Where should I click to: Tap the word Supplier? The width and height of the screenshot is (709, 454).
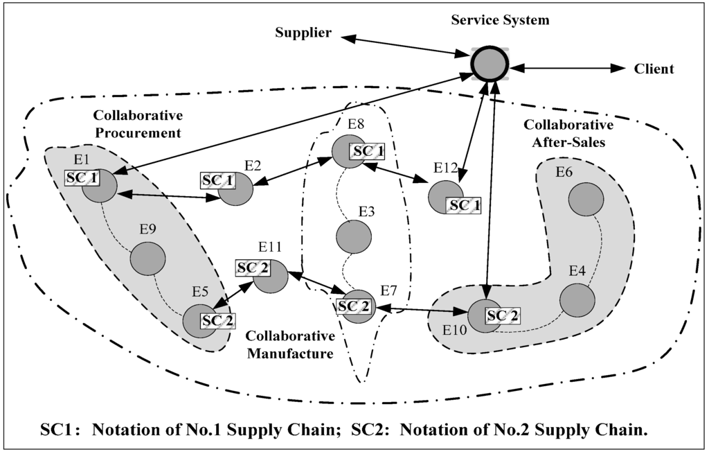point(303,33)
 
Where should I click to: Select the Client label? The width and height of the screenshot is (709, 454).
point(654,69)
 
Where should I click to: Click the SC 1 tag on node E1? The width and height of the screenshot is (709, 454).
point(82,178)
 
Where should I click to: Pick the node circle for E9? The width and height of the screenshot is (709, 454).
point(147,259)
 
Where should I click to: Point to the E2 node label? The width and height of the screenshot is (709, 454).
point(253,165)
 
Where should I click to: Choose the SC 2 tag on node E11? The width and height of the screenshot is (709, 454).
point(253,268)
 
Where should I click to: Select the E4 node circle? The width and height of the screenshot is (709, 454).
point(577,299)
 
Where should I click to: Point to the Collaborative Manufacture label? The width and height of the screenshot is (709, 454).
point(291,344)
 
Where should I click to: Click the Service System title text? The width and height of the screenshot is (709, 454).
point(500,19)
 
